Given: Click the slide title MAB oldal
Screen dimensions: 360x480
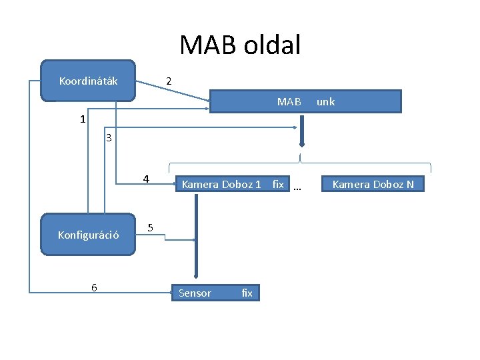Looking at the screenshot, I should coord(240,45).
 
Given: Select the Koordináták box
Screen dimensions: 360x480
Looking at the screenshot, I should coord(88,81).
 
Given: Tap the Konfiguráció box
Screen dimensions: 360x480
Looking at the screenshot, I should coord(88,235).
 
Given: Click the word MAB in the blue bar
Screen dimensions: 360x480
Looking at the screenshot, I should coord(289,102).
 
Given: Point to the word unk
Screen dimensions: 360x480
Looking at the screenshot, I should coord(325,102).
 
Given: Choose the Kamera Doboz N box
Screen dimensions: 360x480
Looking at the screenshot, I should coord(373,184).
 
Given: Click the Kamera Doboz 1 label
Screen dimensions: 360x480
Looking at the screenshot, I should coord(221,184).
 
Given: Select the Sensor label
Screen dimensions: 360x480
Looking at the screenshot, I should coord(195,293).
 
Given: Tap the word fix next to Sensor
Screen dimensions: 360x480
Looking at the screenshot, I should coord(247,293).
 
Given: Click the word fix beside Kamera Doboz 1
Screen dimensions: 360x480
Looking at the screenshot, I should coord(278,184).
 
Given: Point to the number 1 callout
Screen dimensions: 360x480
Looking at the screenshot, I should coord(82,120).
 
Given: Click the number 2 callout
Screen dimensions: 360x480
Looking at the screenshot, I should coord(169,81).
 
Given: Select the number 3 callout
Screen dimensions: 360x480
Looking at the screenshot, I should coord(109,139).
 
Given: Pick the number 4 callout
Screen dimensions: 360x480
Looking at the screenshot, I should coord(146,179).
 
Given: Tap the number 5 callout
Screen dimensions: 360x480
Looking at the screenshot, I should coord(151,228).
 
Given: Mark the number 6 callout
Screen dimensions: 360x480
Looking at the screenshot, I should coord(94,287).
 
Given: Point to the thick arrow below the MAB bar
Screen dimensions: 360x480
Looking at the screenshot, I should coord(301,130).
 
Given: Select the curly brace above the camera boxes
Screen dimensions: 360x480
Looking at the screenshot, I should coord(300,163).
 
